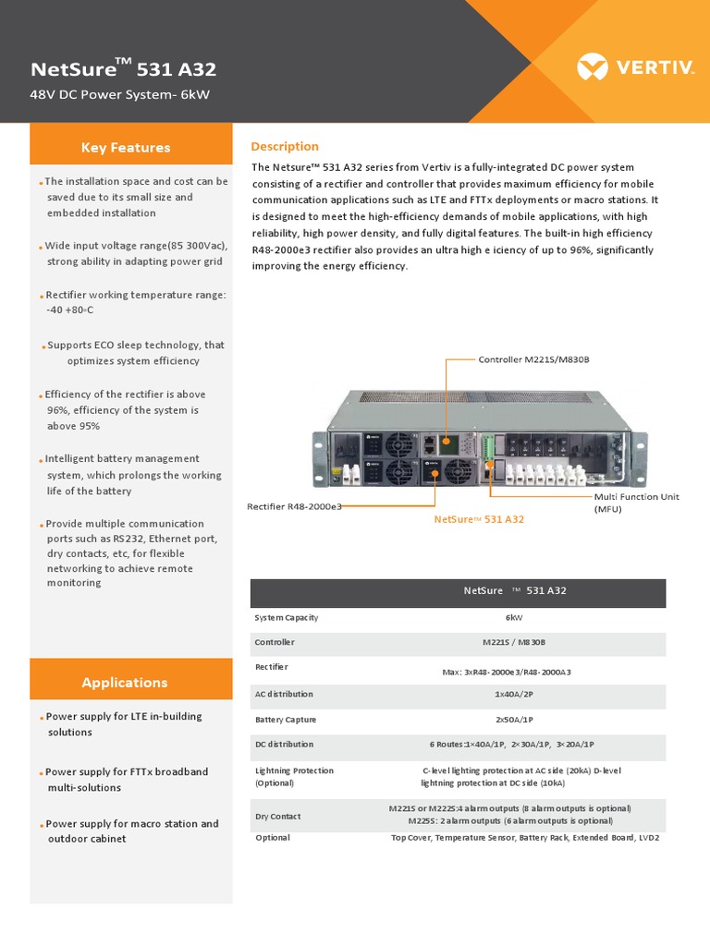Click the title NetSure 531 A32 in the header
tap(124, 69)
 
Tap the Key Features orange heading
tap(126, 148)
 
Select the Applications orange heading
tap(125, 683)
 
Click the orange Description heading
tap(285, 147)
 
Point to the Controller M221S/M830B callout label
tap(533, 359)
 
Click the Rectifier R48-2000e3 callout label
tap(294, 506)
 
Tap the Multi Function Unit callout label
tap(636, 503)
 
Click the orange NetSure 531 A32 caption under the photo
tap(479, 519)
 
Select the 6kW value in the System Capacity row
tap(514, 617)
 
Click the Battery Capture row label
tap(286, 720)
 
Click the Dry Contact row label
tap(277, 817)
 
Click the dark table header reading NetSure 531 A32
tap(459, 591)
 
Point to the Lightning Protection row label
tap(294, 776)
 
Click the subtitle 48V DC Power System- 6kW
tap(120, 95)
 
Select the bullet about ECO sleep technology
tap(135, 353)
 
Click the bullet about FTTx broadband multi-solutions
tap(127, 780)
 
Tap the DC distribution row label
tap(284, 744)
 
